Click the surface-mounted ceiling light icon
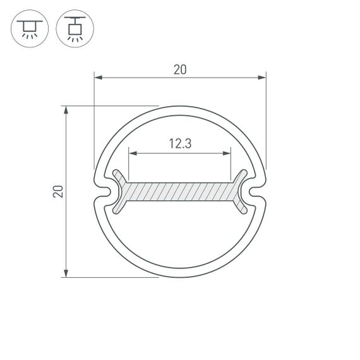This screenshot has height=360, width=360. [x=28, y=29]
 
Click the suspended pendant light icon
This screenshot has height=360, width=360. [x=73, y=29]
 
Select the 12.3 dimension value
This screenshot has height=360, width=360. [x=180, y=144]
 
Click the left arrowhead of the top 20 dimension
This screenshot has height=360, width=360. [x=98, y=78]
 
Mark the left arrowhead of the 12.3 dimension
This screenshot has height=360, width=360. [x=132, y=152]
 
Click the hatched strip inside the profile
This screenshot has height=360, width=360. [x=180, y=191]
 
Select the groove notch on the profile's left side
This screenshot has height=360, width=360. [x=105, y=191]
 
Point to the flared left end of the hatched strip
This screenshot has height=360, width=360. [x=120, y=191]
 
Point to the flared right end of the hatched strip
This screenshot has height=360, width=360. [x=241, y=191]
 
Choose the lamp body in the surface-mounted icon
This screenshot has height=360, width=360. [x=28, y=26]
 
